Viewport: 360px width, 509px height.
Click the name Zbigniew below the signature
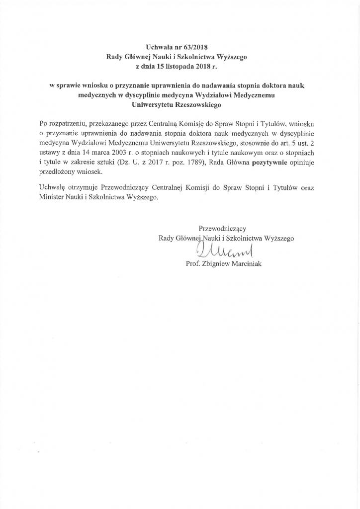(212, 264)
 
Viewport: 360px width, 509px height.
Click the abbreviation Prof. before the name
(192, 264)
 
